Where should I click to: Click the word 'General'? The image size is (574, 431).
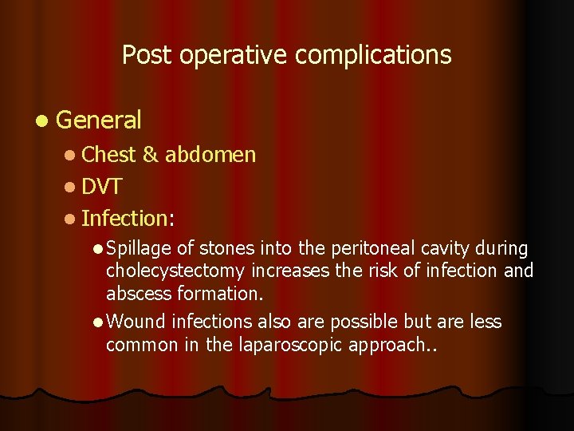[x=99, y=121]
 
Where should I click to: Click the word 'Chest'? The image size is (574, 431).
[x=108, y=154]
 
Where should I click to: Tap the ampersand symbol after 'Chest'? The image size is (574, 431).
[x=151, y=154]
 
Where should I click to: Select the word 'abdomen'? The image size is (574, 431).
[x=210, y=154]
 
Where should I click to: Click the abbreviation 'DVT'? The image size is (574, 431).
[x=101, y=187]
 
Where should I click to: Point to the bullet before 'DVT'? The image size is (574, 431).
[x=71, y=188]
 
